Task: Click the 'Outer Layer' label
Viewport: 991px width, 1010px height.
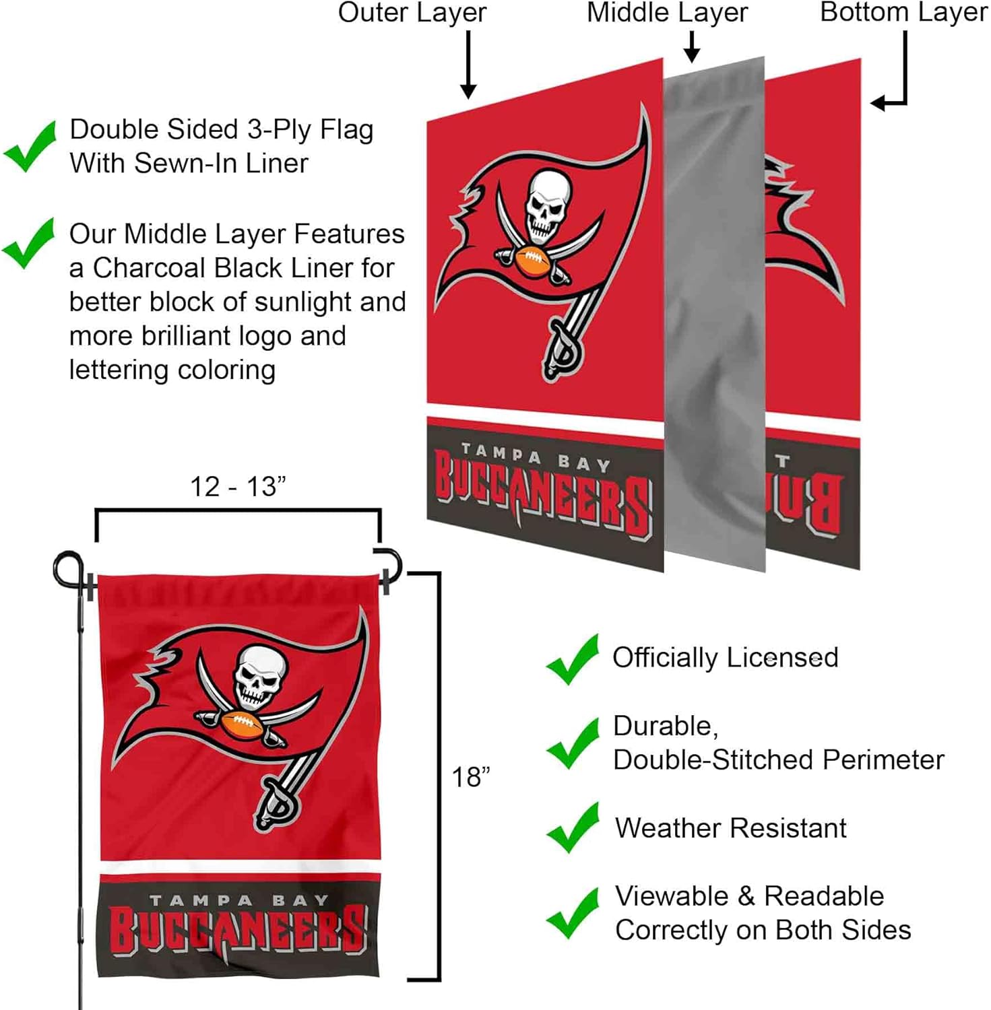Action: point(412,13)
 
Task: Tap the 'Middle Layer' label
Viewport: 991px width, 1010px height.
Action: point(667,13)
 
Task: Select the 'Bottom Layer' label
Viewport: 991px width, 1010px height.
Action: point(903,13)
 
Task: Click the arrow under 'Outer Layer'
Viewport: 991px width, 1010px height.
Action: point(468,64)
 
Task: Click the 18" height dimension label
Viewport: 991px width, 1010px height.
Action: point(470,777)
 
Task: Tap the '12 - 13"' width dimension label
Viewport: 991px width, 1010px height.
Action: point(238,487)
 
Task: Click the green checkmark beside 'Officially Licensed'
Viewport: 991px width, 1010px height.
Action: point(573,659)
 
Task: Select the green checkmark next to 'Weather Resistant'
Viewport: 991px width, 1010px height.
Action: point(573,828)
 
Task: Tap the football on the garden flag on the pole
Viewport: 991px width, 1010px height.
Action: point(241,725)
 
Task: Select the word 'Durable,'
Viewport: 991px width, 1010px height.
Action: point(665,726)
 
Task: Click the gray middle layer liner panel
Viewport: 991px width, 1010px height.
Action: point(715,316)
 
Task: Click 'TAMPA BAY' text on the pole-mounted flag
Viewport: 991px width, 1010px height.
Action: point(239,900)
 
